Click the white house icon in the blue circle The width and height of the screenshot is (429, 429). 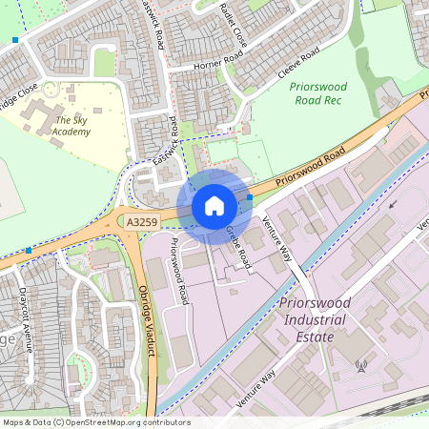click(x=214, y=206)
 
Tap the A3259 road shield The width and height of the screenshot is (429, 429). click(x=141, y=221)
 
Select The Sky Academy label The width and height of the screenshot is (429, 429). click(x=73, y=126)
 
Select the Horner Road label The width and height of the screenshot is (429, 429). click(x=194, y=65)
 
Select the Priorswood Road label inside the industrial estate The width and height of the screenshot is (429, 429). click(x=178, y=271)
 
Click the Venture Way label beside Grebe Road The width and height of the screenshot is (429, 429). click(x=276, y=239)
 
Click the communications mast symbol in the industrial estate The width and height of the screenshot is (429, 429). click(x=361, y=365)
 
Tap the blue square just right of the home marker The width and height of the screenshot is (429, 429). click(x=250, y=197)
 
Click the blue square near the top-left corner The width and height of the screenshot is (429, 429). click(x=16, y=41)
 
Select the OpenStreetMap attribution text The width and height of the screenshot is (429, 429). click(x=95, y=421)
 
